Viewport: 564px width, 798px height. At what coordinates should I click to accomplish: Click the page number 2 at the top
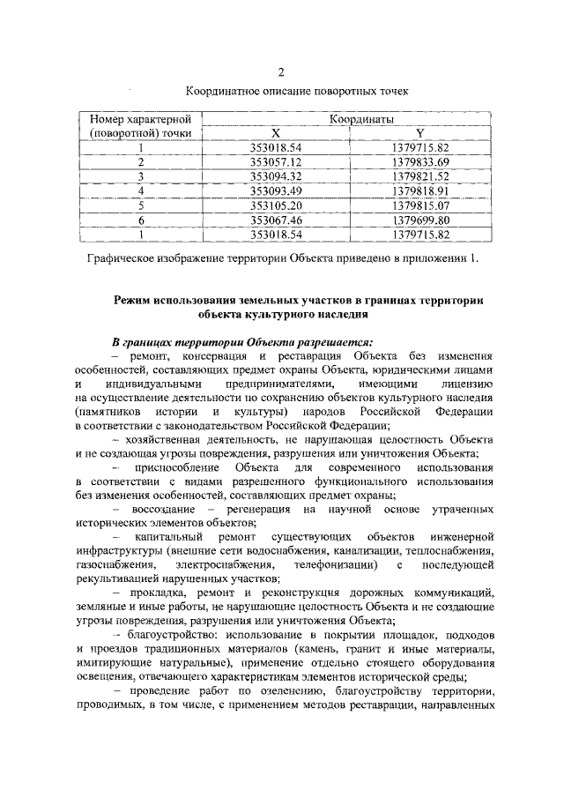click(281, 72)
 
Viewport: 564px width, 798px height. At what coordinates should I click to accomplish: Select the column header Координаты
click(361, 117)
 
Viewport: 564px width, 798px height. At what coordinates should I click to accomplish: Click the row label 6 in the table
click(140, 220)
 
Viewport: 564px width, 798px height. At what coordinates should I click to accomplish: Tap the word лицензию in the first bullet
click(475, 384)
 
